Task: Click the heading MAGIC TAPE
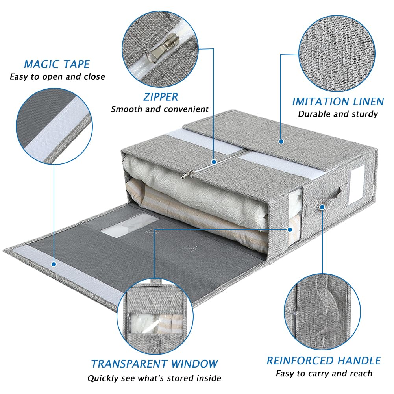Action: coord(57,64)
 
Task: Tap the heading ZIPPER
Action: coord(161,97)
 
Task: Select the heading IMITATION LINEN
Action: coord(338,102)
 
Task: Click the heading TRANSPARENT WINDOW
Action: coord(154,364)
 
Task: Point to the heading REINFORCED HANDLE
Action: coord(324,361)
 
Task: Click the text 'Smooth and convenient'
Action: coord(160,109)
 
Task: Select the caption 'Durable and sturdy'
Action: coord(338,114)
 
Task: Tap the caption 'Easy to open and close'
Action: coord(57,77)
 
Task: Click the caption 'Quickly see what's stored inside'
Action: coord(154,378)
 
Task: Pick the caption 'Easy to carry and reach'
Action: coord(324,374)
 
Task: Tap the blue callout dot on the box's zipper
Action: coord(214,162)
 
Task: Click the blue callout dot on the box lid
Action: coord(281,141)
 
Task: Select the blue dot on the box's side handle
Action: coord(322,207)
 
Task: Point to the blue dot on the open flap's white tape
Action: coord(54,264)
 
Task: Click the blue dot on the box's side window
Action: coord(290,229)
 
